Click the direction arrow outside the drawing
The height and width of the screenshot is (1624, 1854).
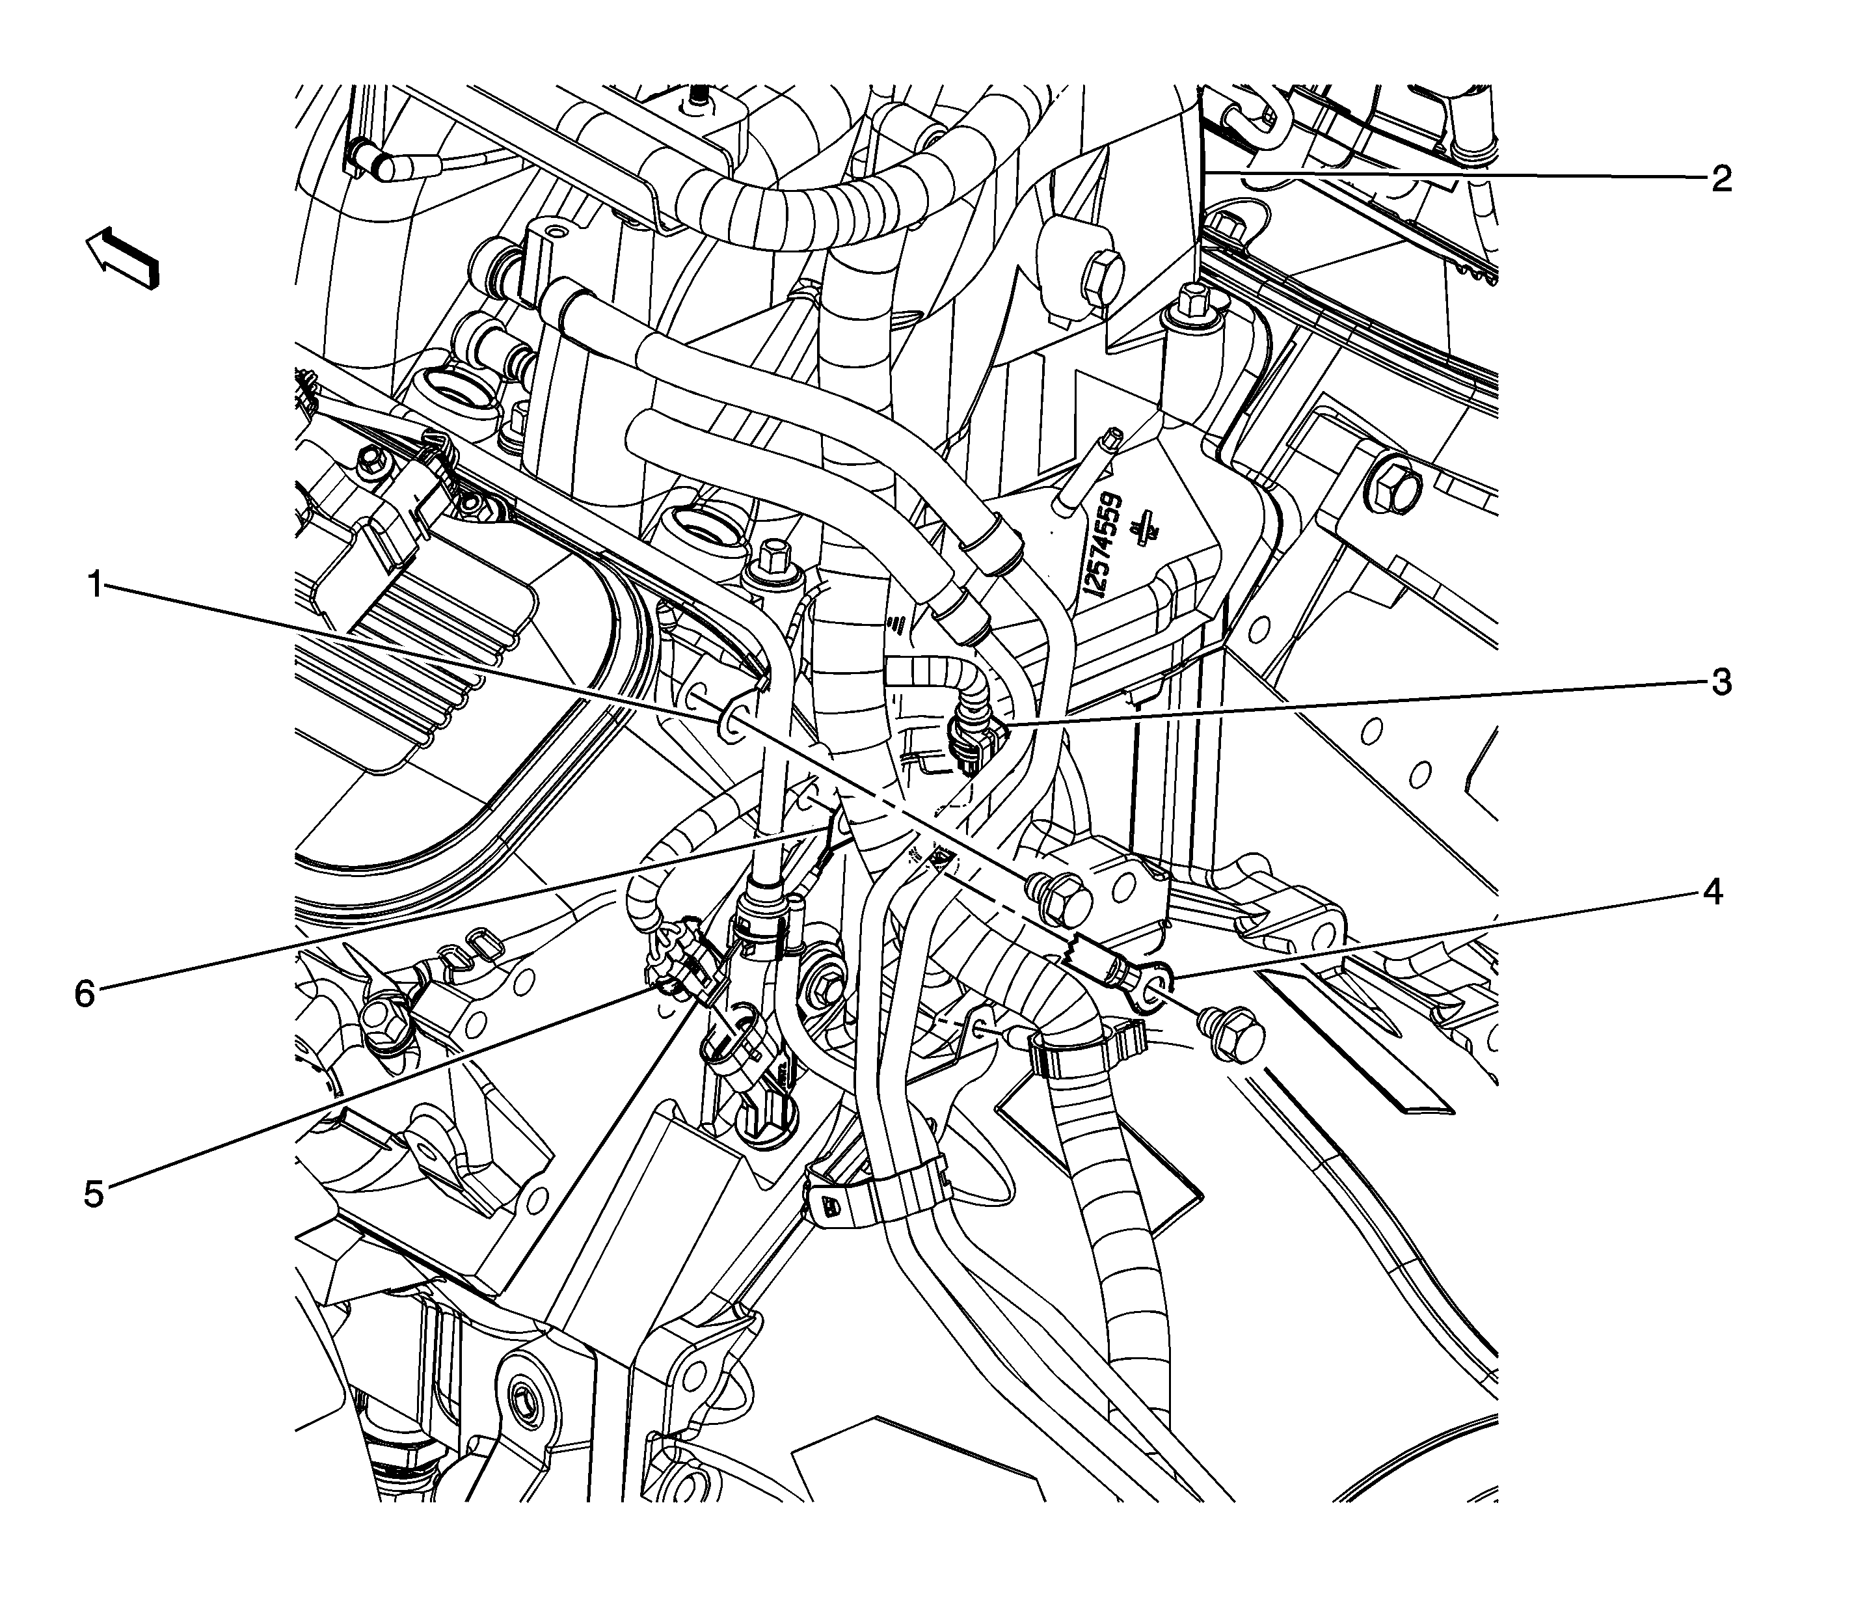click(122, 258)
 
